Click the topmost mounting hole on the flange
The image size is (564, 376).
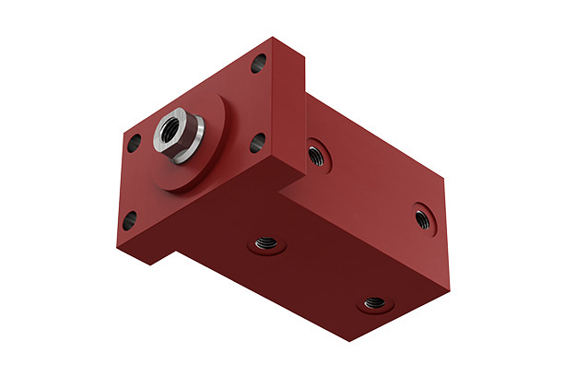click(x=258, y=65)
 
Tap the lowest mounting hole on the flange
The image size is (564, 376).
click(x=129, y=220)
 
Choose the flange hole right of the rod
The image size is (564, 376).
click(x=257, y=143)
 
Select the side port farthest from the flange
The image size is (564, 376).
click(x=423, y=217)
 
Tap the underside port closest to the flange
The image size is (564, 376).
click(x=266, y=245)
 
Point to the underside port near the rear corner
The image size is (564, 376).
click(x=374, y=301)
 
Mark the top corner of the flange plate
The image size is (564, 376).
click(x=274, y=38)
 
